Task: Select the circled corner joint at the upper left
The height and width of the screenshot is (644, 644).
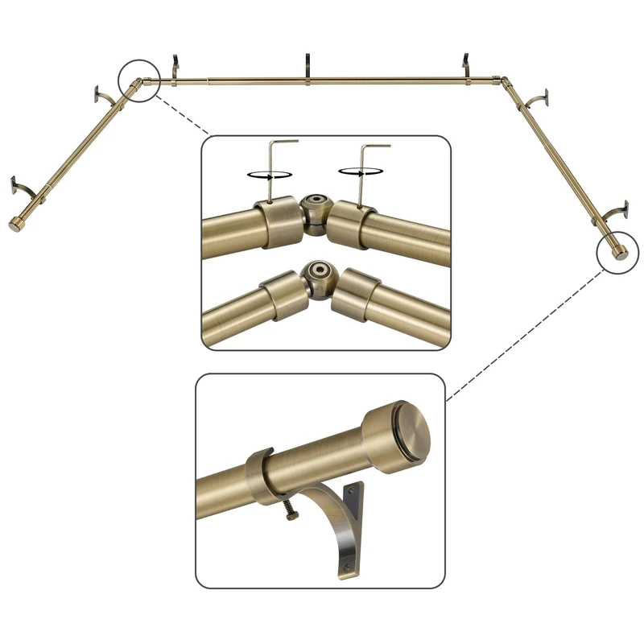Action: tap(139, 80)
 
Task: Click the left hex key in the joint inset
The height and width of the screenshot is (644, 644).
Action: tap(275, 165)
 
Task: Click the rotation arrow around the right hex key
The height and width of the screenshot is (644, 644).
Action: tap(358, 171)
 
